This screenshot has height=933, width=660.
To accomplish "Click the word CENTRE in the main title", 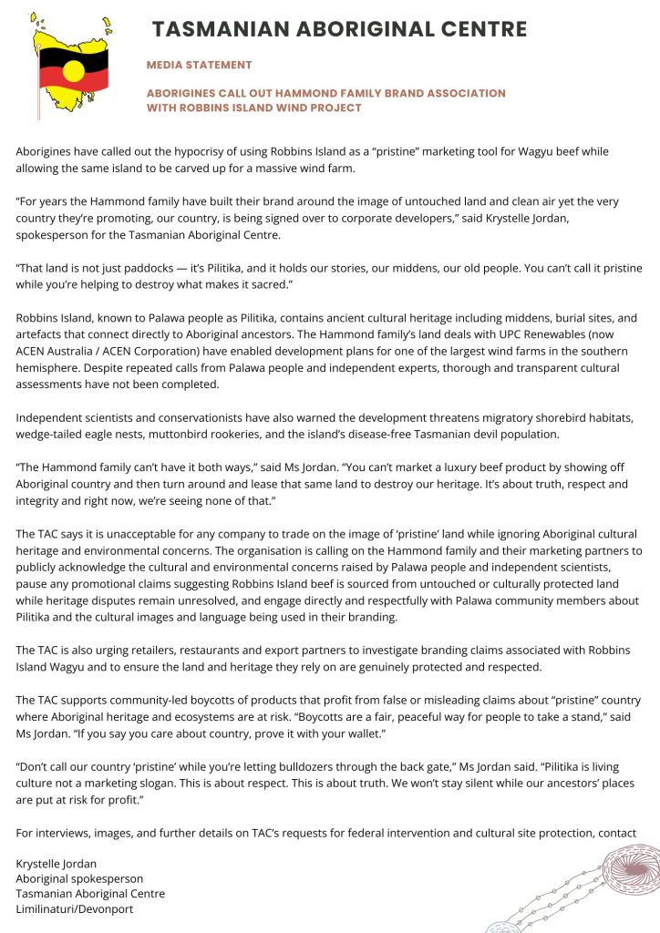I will click(480, 30).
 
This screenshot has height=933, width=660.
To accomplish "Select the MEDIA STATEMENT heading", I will click(199, 66).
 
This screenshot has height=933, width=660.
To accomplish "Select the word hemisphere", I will click(50, 368).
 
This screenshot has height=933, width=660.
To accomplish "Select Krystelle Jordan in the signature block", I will click(56, 862).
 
